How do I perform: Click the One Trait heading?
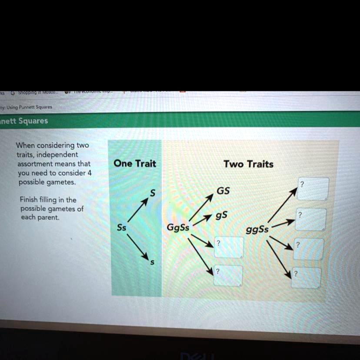tap(134, 164)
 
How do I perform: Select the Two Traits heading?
tap(248, 164)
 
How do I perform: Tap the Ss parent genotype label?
tap(122, 227)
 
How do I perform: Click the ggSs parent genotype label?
tap(257, 229)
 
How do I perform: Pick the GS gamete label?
tap(223, 191)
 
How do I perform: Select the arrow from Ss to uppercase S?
tap(138, 210)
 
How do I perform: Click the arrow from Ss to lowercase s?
tap(138, 246)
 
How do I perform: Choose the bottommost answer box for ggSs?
tap(306, 277)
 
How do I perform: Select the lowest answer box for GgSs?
tap(227, 276)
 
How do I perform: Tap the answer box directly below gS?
tap(229, 247)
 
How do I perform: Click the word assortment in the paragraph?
tap(35, 164)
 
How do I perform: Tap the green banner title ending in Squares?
tap(24, 121)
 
